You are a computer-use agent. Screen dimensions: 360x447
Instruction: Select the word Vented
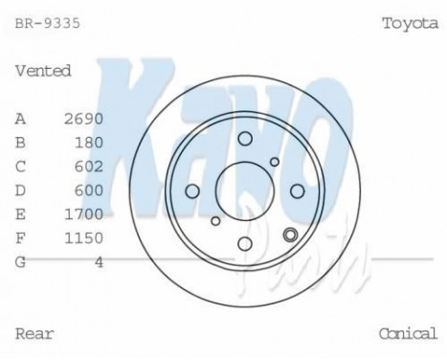(43, 70)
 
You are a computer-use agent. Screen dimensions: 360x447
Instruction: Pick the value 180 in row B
(88, 142)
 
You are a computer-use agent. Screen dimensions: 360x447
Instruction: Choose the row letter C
(20, 166)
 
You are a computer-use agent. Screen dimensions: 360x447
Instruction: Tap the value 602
(88, 166)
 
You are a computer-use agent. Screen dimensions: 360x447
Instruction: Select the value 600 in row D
(88, 190)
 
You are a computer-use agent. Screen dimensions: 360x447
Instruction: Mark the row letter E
(20, 214)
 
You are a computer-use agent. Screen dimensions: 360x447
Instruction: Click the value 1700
(83, 214)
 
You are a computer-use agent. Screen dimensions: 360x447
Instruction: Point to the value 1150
(83, 236)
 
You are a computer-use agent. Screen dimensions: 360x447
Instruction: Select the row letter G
(20, 260)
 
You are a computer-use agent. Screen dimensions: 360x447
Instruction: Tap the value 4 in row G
(99, 260)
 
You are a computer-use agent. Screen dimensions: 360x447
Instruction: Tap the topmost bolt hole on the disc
(244, 138)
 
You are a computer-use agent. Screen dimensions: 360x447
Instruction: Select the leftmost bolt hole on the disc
(191, 191)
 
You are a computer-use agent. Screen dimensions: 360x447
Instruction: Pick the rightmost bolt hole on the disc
(297, 191)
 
